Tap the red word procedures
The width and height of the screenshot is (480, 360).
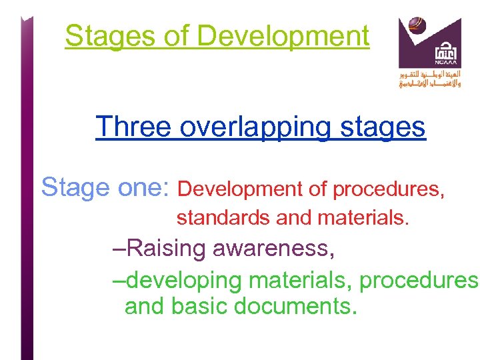(389, 189)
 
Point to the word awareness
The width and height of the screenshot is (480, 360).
(273, 249)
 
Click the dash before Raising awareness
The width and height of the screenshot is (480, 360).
(118, 249)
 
